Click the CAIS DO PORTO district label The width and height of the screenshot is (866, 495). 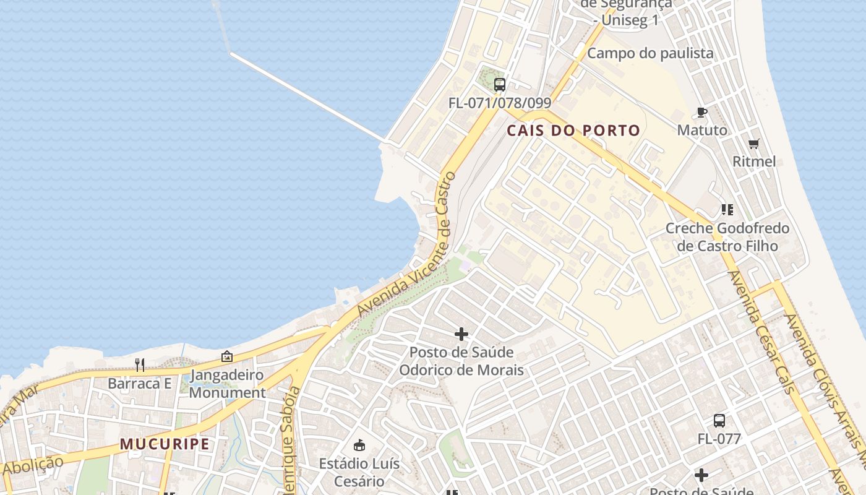coord(573,131)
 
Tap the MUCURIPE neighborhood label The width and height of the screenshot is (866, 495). coord(165,444)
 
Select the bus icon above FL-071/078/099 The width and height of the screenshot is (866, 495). coord(500,85)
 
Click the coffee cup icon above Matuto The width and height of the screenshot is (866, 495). coord(701,112)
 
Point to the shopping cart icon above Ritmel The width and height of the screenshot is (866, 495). coord(753,144)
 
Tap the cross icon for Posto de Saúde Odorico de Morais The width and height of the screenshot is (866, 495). coord(461,334)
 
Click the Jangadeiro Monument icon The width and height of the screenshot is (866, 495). coord(227,356)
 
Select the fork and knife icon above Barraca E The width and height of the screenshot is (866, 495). coord(140,365)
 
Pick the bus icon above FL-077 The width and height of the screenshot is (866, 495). coord(719,421)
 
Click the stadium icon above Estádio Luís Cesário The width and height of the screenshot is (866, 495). coord(359,445)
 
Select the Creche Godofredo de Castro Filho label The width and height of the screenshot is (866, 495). coord(727,237)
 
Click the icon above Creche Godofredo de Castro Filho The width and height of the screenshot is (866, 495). coord(727,210)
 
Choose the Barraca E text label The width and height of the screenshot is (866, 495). coord(139,384)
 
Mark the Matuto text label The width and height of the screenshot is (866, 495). coord(702,131)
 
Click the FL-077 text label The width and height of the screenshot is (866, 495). coord(719,439)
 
